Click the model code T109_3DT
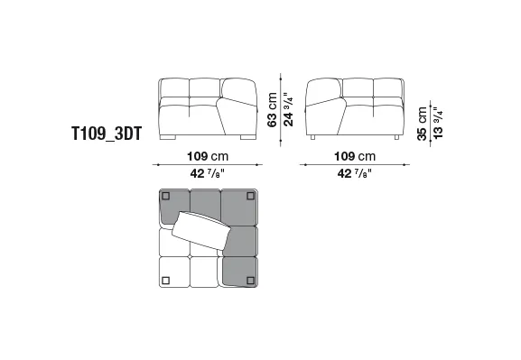107,134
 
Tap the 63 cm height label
272,109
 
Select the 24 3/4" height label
288,109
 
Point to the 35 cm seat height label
422,124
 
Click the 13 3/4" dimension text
438,123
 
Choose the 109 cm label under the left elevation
208,156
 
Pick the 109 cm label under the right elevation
355,156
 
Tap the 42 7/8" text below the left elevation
208,173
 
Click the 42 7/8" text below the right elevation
355,173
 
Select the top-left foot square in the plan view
165,197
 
